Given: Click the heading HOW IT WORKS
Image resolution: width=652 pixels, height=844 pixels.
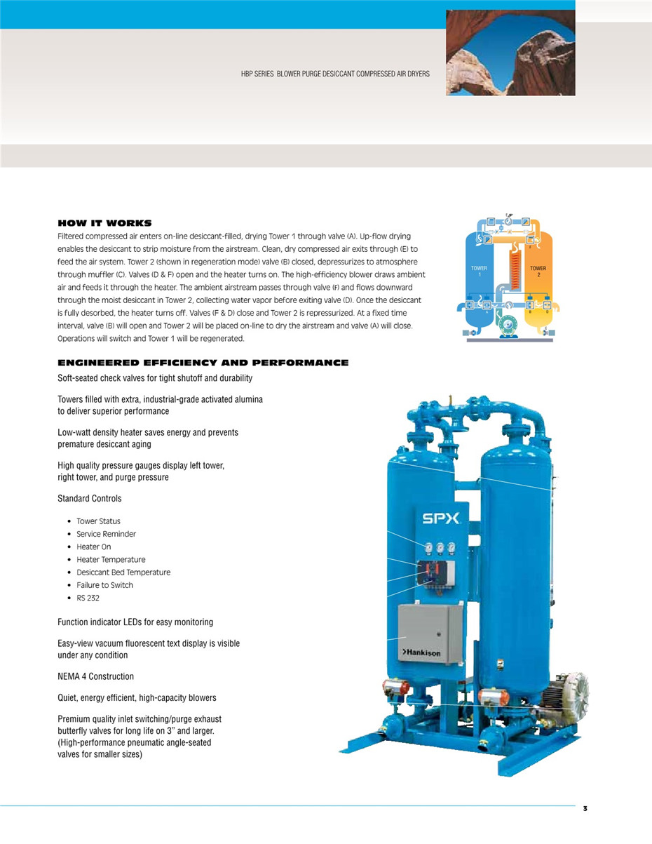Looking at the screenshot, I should tap(104, 223).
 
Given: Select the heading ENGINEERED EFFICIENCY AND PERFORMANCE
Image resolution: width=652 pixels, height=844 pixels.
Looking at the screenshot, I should tap(203, 363).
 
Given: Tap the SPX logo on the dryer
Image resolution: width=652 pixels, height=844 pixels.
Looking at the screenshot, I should tap(440, 520).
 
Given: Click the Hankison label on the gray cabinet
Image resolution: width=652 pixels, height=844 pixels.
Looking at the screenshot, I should tap(423, 652).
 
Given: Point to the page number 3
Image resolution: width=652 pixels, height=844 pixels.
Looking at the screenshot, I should tap(585, 809).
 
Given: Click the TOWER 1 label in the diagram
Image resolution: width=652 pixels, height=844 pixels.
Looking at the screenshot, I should tap(479, 271).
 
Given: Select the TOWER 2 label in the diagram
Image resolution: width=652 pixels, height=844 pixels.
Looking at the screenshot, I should tap(538, 271).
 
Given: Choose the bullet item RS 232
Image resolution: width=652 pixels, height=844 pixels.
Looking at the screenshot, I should tap(88, 598).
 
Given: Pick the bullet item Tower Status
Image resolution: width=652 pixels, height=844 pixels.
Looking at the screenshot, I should tap(98, 521).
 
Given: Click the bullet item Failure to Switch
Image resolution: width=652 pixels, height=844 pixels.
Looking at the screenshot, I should tap(104, 585).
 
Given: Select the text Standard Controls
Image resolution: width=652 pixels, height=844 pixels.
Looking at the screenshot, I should tap(89, 498).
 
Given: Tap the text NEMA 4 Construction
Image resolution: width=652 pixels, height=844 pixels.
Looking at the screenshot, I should tap(95, 676).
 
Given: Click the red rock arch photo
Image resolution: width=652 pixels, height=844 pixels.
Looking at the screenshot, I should tap(510, 53).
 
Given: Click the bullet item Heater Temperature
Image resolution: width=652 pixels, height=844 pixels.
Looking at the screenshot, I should tap(111, 559).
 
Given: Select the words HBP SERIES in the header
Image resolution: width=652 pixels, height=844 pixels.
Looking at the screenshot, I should tap(257, 74).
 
